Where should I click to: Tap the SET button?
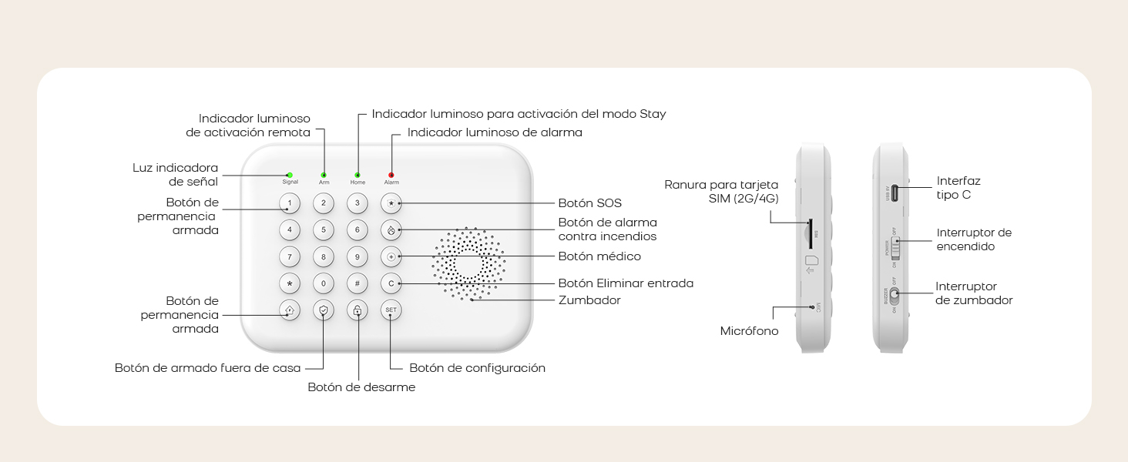click(391, 310)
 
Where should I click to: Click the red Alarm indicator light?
click(391, 175)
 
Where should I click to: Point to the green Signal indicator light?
click(290, 175)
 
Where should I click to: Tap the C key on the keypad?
click(391, 283)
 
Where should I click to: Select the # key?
click(358, 283)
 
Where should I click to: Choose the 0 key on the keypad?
click(324, 283)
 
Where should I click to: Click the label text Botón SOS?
click(589, 203)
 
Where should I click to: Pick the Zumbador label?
click(589, 300)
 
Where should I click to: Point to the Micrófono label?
click(749, 331)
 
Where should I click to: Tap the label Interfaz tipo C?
click(958, 188)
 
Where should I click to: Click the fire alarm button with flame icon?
click(391, 229)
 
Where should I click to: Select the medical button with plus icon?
click(391, 256)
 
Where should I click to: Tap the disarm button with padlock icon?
click(358, 310)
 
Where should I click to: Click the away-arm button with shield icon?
click(324, 310)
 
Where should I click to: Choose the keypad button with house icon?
click(290, 310)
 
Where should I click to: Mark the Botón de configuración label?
click(477, 368)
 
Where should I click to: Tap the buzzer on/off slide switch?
click(895, 293)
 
